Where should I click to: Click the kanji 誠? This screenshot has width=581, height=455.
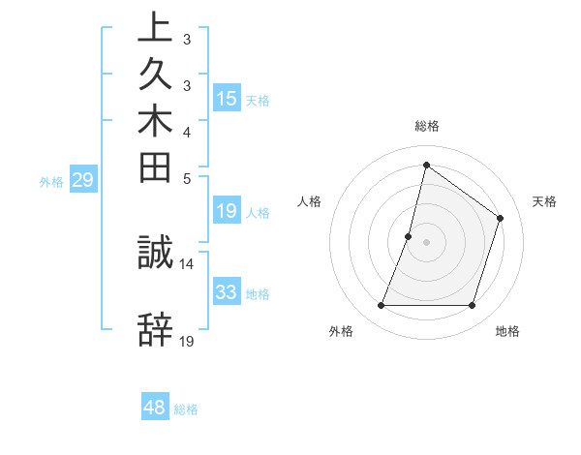(155, 252)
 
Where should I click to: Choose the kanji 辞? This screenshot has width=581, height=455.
(155, 330)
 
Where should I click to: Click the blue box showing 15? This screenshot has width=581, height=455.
(227, 98)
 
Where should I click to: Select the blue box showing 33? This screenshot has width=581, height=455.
(227, 291)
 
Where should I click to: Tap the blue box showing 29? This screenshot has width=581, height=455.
(83, 179)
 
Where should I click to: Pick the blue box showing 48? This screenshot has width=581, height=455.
(155, 408)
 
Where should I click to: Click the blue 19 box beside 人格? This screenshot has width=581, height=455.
(227, 211)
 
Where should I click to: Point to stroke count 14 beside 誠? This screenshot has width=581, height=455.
(187, 263)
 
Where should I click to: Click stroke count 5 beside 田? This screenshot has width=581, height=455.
(187, 178)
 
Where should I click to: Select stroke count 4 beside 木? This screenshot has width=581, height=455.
(187, 132)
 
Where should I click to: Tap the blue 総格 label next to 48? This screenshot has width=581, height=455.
(186, 409)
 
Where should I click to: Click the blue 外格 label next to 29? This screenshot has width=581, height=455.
(51, 180)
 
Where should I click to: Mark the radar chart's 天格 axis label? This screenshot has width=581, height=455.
(544, 201)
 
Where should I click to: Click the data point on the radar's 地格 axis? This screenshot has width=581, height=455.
(472, 305)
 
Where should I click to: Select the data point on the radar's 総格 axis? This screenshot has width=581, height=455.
(426, 165)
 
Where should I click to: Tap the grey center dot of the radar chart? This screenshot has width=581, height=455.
(426, 242)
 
